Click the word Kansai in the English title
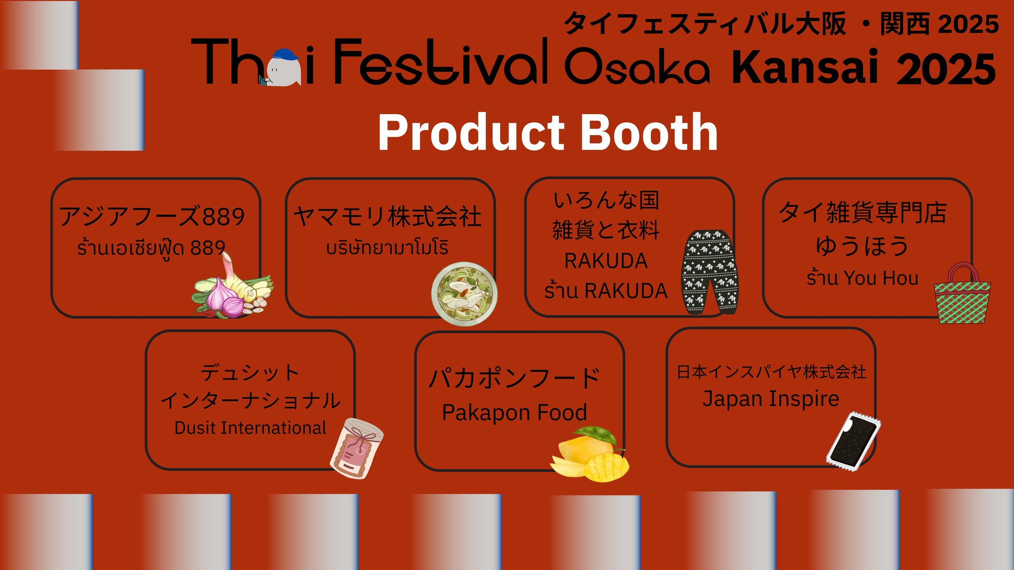pyautogui.click(x=804, y=68)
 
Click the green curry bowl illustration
pyautogui.click(x=464, y=294)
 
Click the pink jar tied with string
pyautogui.click(x=356, y=448)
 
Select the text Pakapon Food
pyautogui.click(x=514, y=413)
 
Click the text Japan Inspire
pyautogui.click(x=771, y=399)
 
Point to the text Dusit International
pyautogui.click(x=251, y=428)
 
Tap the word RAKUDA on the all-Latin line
pyautogui.click(x=606, y=261)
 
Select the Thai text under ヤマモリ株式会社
pyautogui.click(x=387, y=247)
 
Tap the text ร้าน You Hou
pyautogui.click(x=862, y=278)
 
